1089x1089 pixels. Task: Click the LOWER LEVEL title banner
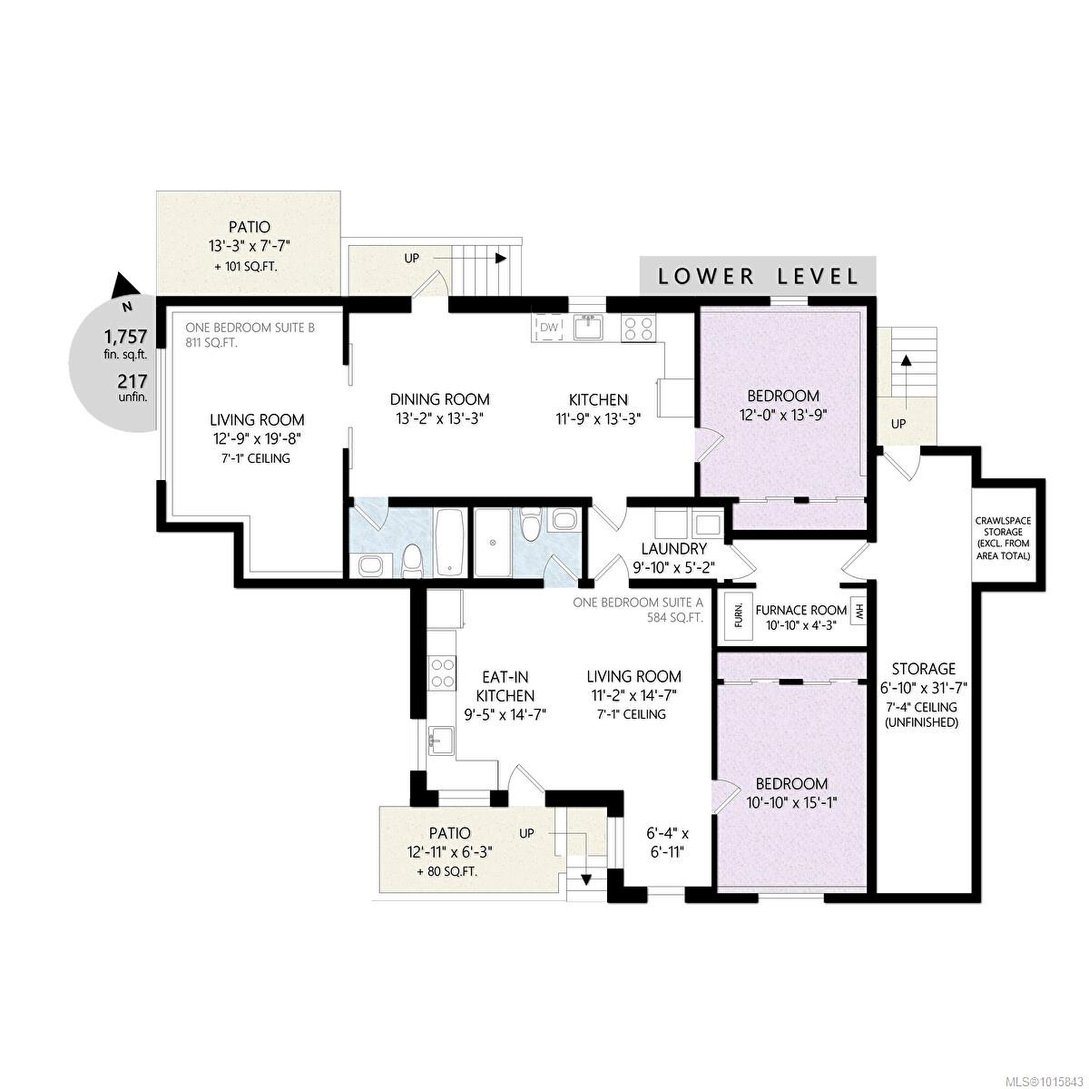coord(758,276)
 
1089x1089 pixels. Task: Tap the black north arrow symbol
coord(123,286)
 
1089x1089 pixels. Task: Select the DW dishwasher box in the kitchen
coord(550,327)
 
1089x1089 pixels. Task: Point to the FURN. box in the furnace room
coord(738,614)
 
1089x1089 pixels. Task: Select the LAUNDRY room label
coord(673,549)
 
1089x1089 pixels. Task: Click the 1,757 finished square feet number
coord(125,335)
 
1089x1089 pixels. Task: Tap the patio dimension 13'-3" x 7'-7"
coord(249,246)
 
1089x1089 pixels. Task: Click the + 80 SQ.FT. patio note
coord(446,871)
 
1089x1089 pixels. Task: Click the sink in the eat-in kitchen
coord(441,739)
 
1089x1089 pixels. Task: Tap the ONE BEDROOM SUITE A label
coord(638,602)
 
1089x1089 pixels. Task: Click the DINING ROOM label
coord(439,399)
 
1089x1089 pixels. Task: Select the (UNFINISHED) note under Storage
coord(923,723)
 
